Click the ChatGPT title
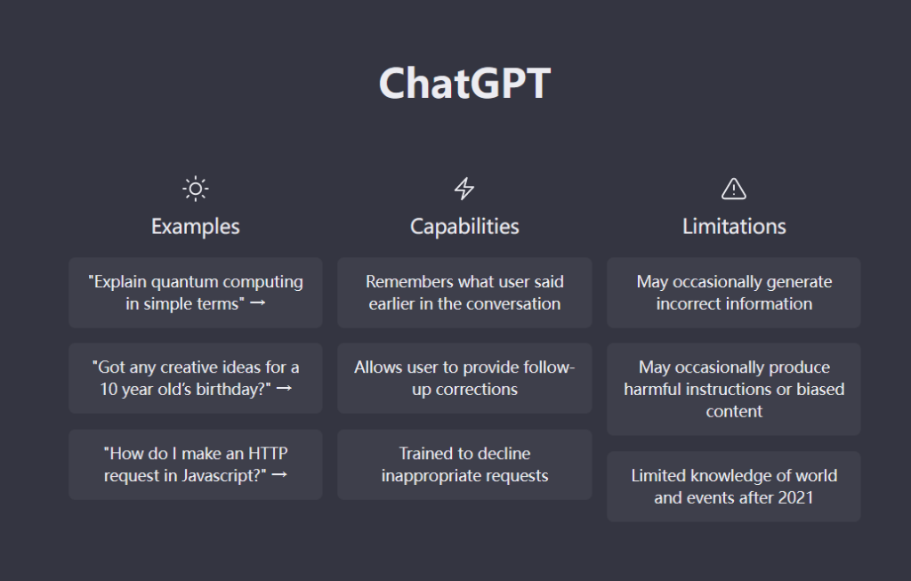[464, 83]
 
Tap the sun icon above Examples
[195, 189]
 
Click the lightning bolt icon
[464, 189]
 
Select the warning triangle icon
[734, 189]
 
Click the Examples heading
[195, 227]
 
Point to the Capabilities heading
[464, 227]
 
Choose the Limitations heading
[734, 227]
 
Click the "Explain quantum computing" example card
[195, 293]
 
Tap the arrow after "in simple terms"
[257, 303]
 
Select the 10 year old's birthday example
[195, 378]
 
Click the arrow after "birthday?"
[284, 388]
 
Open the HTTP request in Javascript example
[195, 464]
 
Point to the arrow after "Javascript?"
[279, 475]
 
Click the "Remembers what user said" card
[464, 293]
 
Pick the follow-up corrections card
[464, 378]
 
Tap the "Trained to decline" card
[464, 464]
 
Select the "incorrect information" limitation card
[734, 293]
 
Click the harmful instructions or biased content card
[734, 390]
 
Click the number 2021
[795, 498]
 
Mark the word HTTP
[268, 453]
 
